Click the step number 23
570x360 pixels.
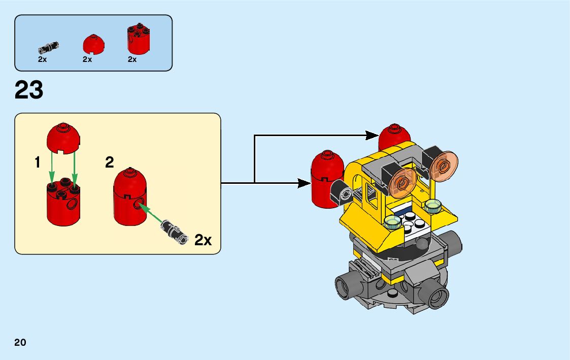29,90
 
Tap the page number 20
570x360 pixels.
20,342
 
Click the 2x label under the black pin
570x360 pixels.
42,59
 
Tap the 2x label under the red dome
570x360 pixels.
87,59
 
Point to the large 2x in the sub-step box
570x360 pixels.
203,240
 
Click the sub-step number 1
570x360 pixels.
37,162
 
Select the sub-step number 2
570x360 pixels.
110,162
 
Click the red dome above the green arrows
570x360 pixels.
63,137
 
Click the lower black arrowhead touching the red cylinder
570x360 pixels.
305,182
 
